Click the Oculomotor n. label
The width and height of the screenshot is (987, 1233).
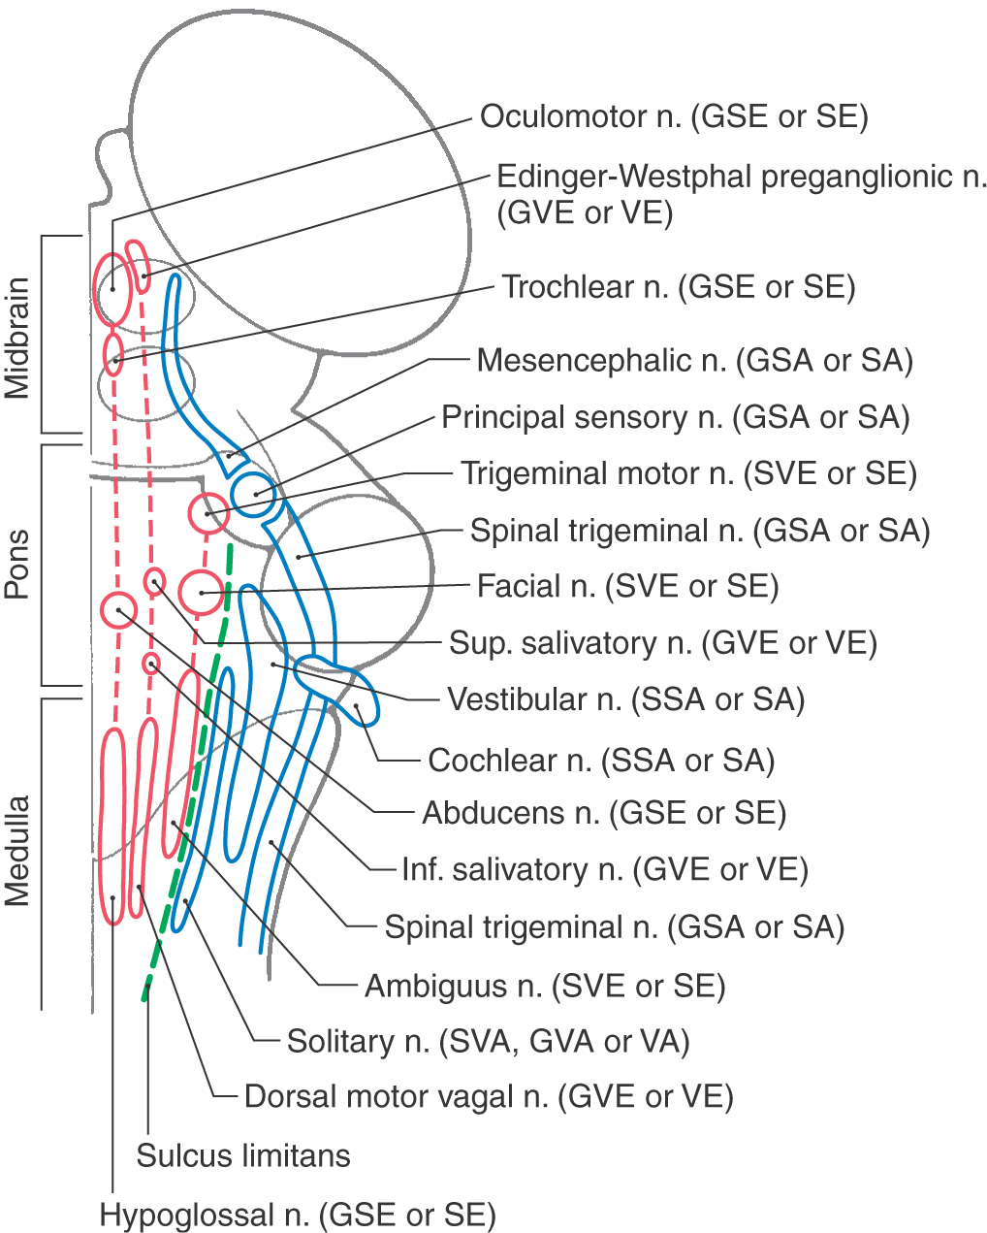(x=674, y=116)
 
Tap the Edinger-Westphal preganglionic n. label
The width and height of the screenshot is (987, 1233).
(x=742, y=194)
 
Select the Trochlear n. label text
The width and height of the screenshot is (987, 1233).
(x=678, y=287)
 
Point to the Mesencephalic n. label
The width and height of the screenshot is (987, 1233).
(x=694, y=361)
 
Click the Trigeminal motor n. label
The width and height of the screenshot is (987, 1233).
(x=688, y=473)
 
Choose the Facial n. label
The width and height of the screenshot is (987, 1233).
(x=627, y=586)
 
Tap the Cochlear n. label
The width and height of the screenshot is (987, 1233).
(x=601, y=761)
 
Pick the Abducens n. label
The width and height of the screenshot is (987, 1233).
(x=603, y=813)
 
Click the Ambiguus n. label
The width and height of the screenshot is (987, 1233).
(x=544, y=987)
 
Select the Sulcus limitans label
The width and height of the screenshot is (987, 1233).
(x=243, y=1155)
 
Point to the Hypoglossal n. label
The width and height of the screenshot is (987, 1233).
(x=298, y=1215)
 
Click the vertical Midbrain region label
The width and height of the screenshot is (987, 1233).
(x=16, y=338)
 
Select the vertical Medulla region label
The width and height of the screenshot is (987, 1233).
(x=16, y=851)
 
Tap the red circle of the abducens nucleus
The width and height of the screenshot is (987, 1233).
(x=118, y=609)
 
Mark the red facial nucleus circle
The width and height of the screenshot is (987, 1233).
(x=201, y=591)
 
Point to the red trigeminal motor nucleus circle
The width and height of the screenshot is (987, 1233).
(x=207, y=512)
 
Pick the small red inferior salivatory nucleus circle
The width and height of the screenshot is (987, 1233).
(x=150, y=664)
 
